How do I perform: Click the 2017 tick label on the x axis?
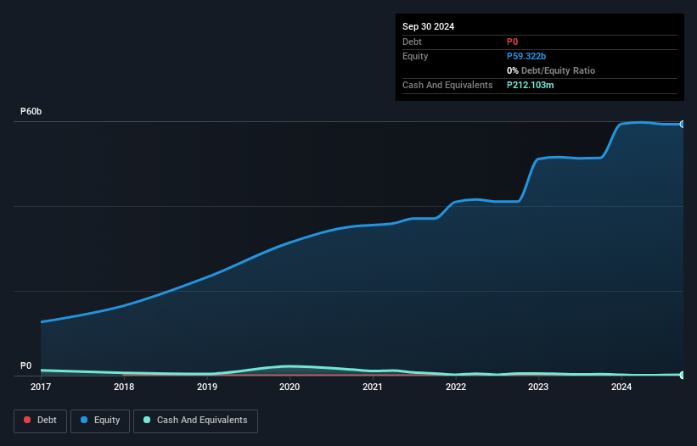point(41,387)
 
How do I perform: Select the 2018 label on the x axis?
point(124,387)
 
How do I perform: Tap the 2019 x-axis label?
point(207,387)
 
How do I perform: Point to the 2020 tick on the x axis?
point(289,387)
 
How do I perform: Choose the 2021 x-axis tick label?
point(373,387)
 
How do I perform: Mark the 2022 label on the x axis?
point(456,387)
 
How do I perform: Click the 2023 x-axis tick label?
point(538,387)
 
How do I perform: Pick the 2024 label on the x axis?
point(621,387)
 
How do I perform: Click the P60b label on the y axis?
point(31,112)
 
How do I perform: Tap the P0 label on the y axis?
point(26,365)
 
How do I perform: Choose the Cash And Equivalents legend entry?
point(195,421)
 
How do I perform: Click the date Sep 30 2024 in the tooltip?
point(428,26)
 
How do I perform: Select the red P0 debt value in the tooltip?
point(513,42)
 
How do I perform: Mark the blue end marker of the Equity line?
point(683,125)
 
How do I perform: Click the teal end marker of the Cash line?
point(683,374)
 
